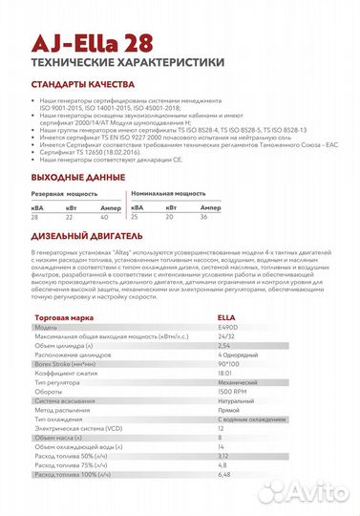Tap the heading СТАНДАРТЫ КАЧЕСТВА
pyautogui.click(x=86, y=83)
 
